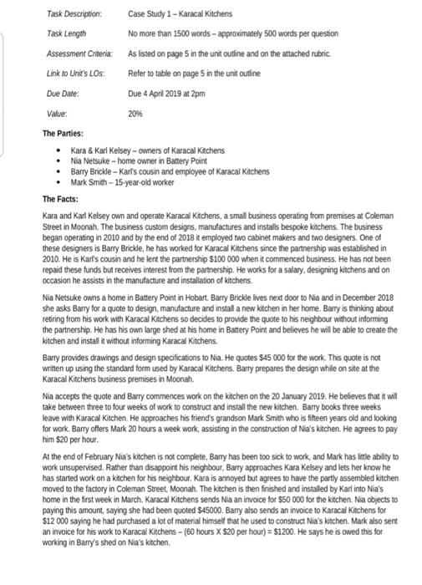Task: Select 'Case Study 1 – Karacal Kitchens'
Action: click(180, 14)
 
